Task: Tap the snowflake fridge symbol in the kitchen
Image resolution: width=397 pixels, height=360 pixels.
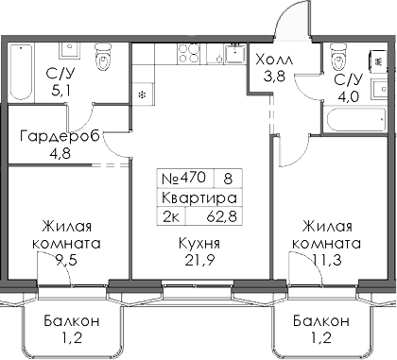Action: click(142, 94)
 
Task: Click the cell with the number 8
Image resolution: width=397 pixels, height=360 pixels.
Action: click(228, 177)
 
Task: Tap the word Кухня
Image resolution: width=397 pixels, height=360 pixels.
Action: click(199, 243)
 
